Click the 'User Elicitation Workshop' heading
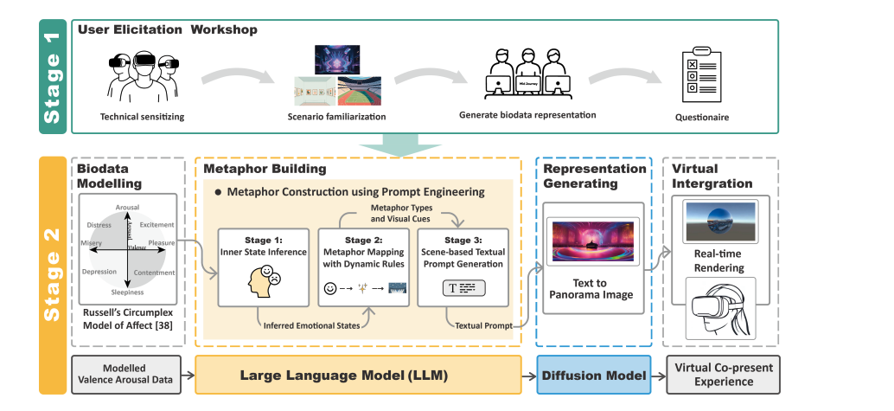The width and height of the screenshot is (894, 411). pos(167,29)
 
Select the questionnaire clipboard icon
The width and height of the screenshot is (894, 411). pos(702,77)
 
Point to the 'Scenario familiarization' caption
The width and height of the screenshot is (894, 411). pos(335,117)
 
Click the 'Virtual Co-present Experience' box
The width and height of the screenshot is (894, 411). pos(723,374)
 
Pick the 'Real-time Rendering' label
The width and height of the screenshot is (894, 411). pos(720,260)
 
